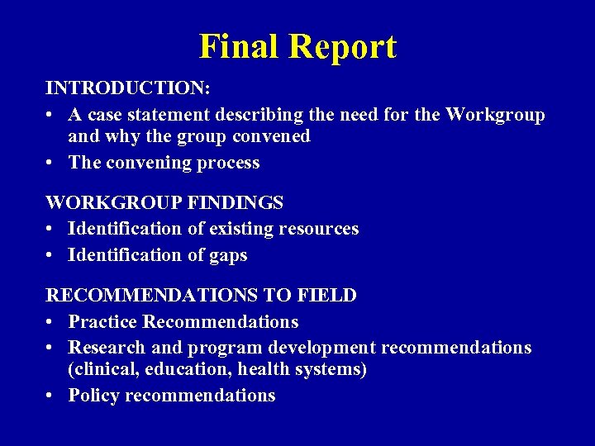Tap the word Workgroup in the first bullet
click(495, 114)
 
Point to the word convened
click(271, 136)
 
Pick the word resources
click(320, 228)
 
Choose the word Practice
click(102, 321)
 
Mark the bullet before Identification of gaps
click(51, 255)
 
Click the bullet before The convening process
click(51, 163)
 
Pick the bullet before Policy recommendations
click(51, 396)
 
